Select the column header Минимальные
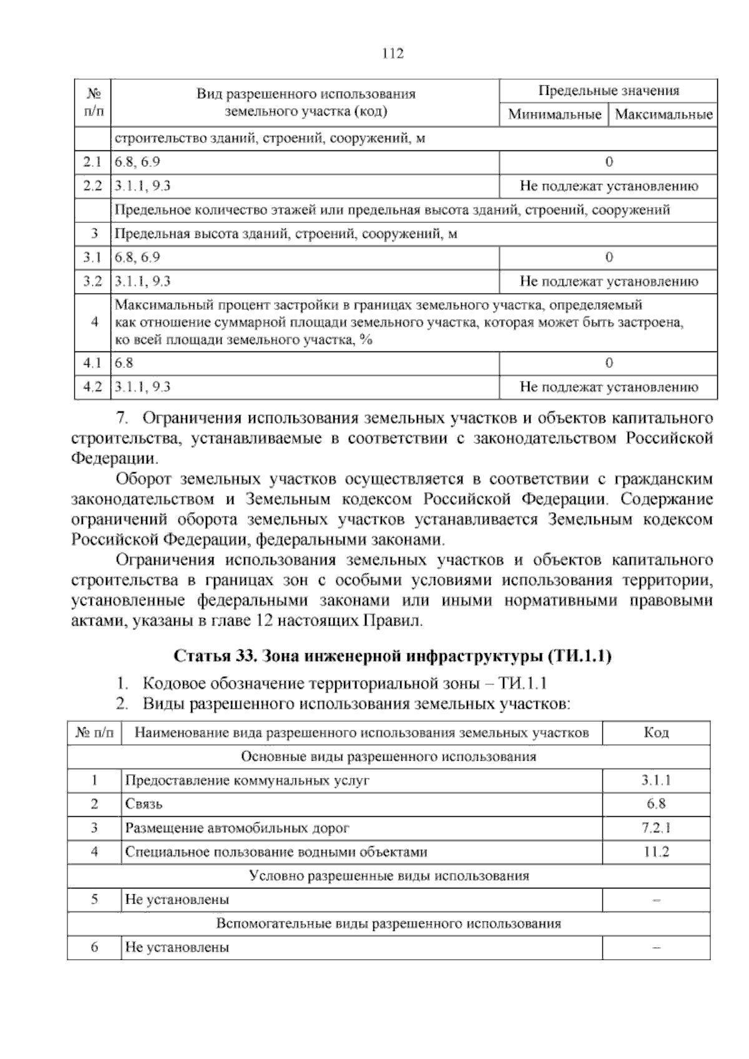[554, 115]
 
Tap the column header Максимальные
[663, 115]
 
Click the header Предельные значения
[608, 91]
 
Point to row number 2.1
[92, 162]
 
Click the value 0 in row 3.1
[609, 257]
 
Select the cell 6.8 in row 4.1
[124, 363]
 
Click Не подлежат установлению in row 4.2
[609, 387]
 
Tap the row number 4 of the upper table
[94, 322]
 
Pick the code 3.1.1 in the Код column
[655, 781]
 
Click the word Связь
[144, 804]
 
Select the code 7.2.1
[655, 829]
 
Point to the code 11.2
[656, 852]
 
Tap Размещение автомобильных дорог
[237, 829]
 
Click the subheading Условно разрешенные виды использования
[388, 875]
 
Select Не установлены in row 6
[177, 947]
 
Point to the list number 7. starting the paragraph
[122, 418]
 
